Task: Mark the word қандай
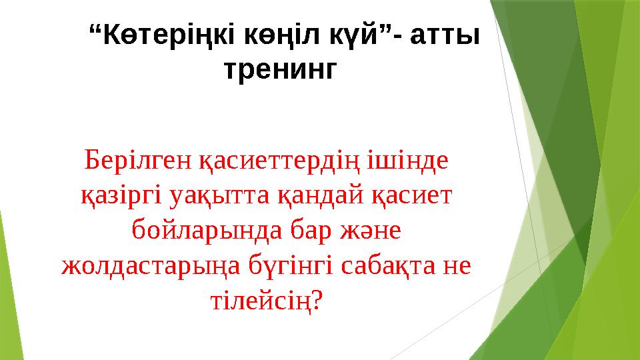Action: point(319,197)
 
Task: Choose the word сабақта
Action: point(378,267)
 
